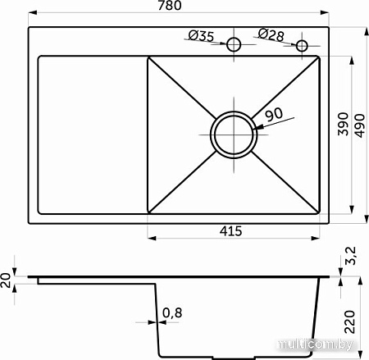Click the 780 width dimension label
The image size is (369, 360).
170,5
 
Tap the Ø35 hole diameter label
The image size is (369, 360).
201,36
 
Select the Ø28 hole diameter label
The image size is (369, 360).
271,34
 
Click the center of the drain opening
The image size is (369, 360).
234,134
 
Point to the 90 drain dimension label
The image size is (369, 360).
274,114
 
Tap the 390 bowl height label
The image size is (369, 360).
344,124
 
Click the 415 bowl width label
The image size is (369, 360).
230,231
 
